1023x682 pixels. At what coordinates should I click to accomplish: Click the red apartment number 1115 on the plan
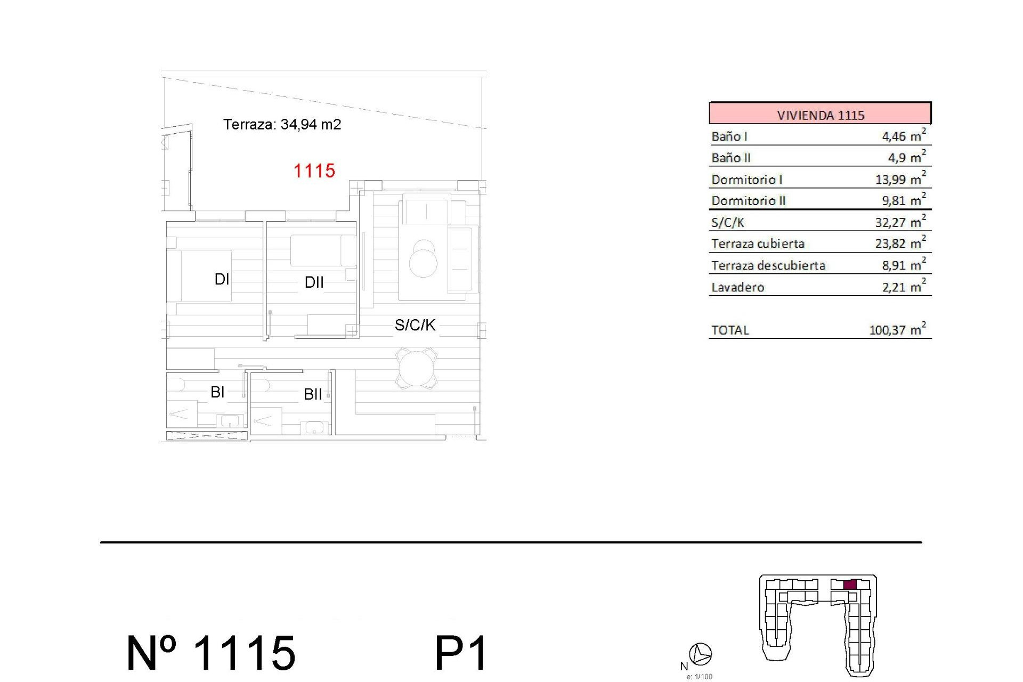314,171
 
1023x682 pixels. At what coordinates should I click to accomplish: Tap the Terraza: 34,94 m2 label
282,125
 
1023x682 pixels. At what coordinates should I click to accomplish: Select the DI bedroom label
222,279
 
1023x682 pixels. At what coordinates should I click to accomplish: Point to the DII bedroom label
314,282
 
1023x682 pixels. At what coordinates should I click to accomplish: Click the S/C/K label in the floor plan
415,325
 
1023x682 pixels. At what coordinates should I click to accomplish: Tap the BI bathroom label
217,392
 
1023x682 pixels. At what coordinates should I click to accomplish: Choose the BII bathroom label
313,394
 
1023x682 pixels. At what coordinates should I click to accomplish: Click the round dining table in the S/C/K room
417,368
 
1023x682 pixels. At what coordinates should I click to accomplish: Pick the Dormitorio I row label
746,180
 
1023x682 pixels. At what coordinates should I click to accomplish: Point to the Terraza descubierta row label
768,265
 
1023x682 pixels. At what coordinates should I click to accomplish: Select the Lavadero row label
738,287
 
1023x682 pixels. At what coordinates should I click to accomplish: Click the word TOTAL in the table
730,330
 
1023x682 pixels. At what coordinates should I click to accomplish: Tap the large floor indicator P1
461,653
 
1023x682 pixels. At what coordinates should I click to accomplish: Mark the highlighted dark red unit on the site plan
850,584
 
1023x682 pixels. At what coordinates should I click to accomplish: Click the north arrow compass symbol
701,654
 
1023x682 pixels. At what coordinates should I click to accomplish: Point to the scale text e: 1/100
700,677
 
